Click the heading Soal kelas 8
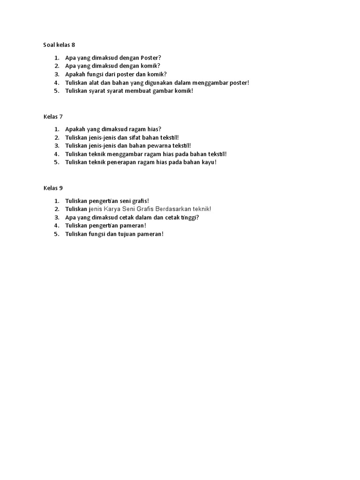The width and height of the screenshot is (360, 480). click(60, 45)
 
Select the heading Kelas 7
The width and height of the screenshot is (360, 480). click(53, 116)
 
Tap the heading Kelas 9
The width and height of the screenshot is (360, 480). click(53, 188)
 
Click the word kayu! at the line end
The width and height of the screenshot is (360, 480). click(208, 162)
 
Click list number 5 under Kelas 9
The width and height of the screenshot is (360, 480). click(56, 234)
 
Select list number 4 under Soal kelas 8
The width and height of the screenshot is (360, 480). click(56, 82)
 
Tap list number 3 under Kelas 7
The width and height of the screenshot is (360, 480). click(56, 146)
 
